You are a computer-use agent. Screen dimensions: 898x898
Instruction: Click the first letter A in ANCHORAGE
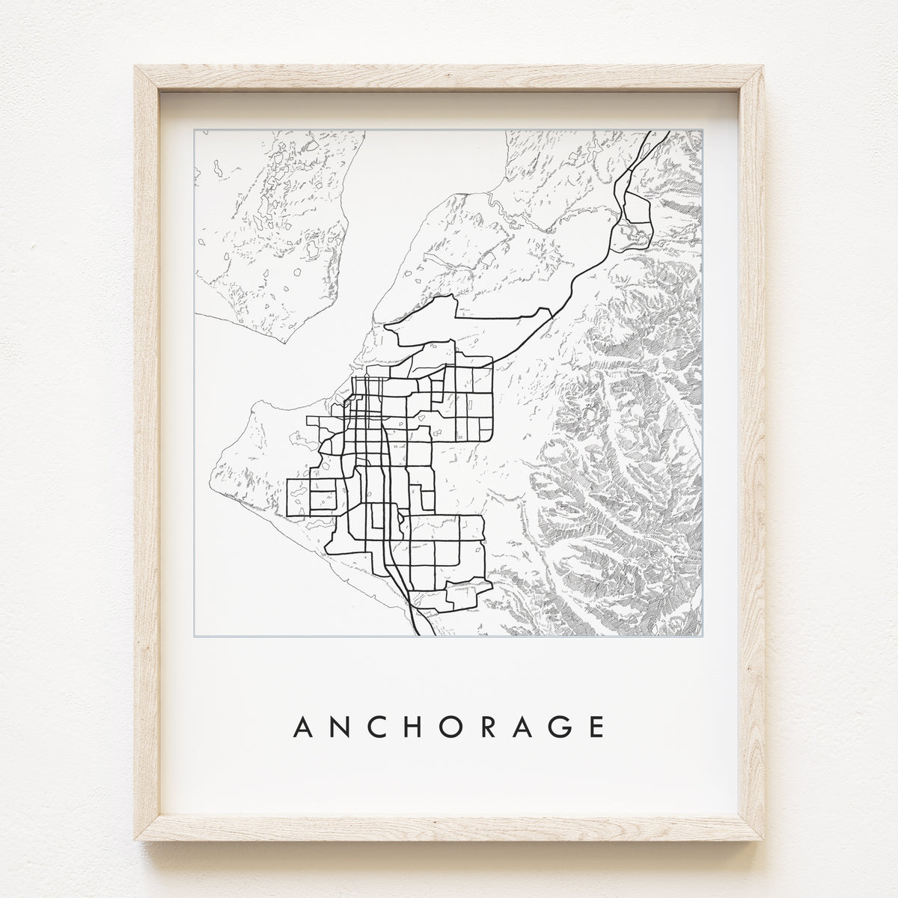pos(305,727)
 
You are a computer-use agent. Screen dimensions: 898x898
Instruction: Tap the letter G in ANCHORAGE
pos(558,727)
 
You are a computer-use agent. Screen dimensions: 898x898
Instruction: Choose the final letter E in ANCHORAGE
pos(595,727)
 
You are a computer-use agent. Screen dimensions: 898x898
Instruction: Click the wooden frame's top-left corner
pos(136,68)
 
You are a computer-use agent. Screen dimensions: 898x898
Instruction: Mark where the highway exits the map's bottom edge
pos(415,635)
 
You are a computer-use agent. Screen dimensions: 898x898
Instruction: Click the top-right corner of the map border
pos(703,130)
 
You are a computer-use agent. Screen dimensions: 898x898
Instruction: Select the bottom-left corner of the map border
pos(195,636)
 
